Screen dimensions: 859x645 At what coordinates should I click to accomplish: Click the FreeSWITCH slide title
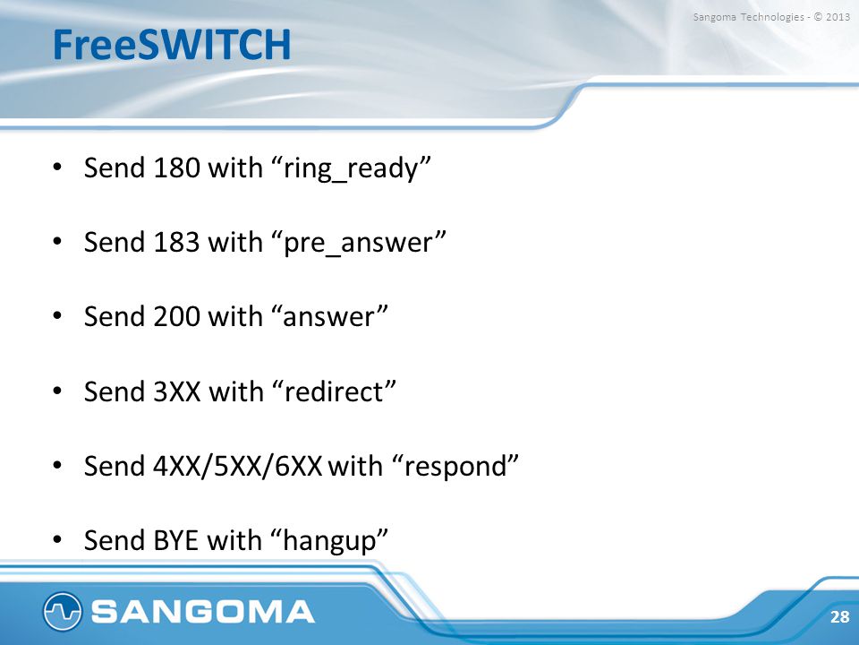172,45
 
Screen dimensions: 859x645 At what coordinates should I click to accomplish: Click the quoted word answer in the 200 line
328,317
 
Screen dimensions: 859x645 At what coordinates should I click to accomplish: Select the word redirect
333,391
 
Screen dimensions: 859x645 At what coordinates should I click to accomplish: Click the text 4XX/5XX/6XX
237,466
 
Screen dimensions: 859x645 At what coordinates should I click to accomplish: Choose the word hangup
329,541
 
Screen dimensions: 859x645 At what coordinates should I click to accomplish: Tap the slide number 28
839,616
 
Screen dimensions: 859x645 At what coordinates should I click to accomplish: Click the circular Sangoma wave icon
63,611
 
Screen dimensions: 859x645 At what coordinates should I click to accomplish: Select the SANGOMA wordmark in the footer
203,612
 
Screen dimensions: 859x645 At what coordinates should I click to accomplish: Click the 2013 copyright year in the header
838,17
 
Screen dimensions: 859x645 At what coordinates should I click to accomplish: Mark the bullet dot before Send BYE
57,539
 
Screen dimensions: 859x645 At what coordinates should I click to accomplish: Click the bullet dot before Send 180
57,167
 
